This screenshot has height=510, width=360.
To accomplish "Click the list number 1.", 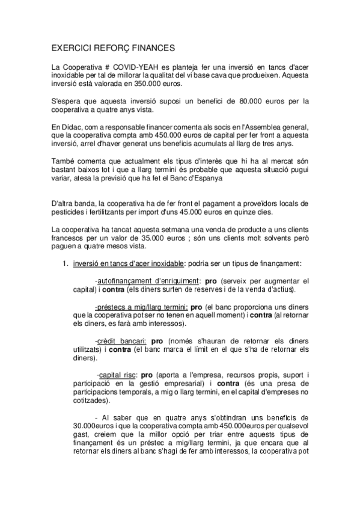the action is (66, 264).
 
